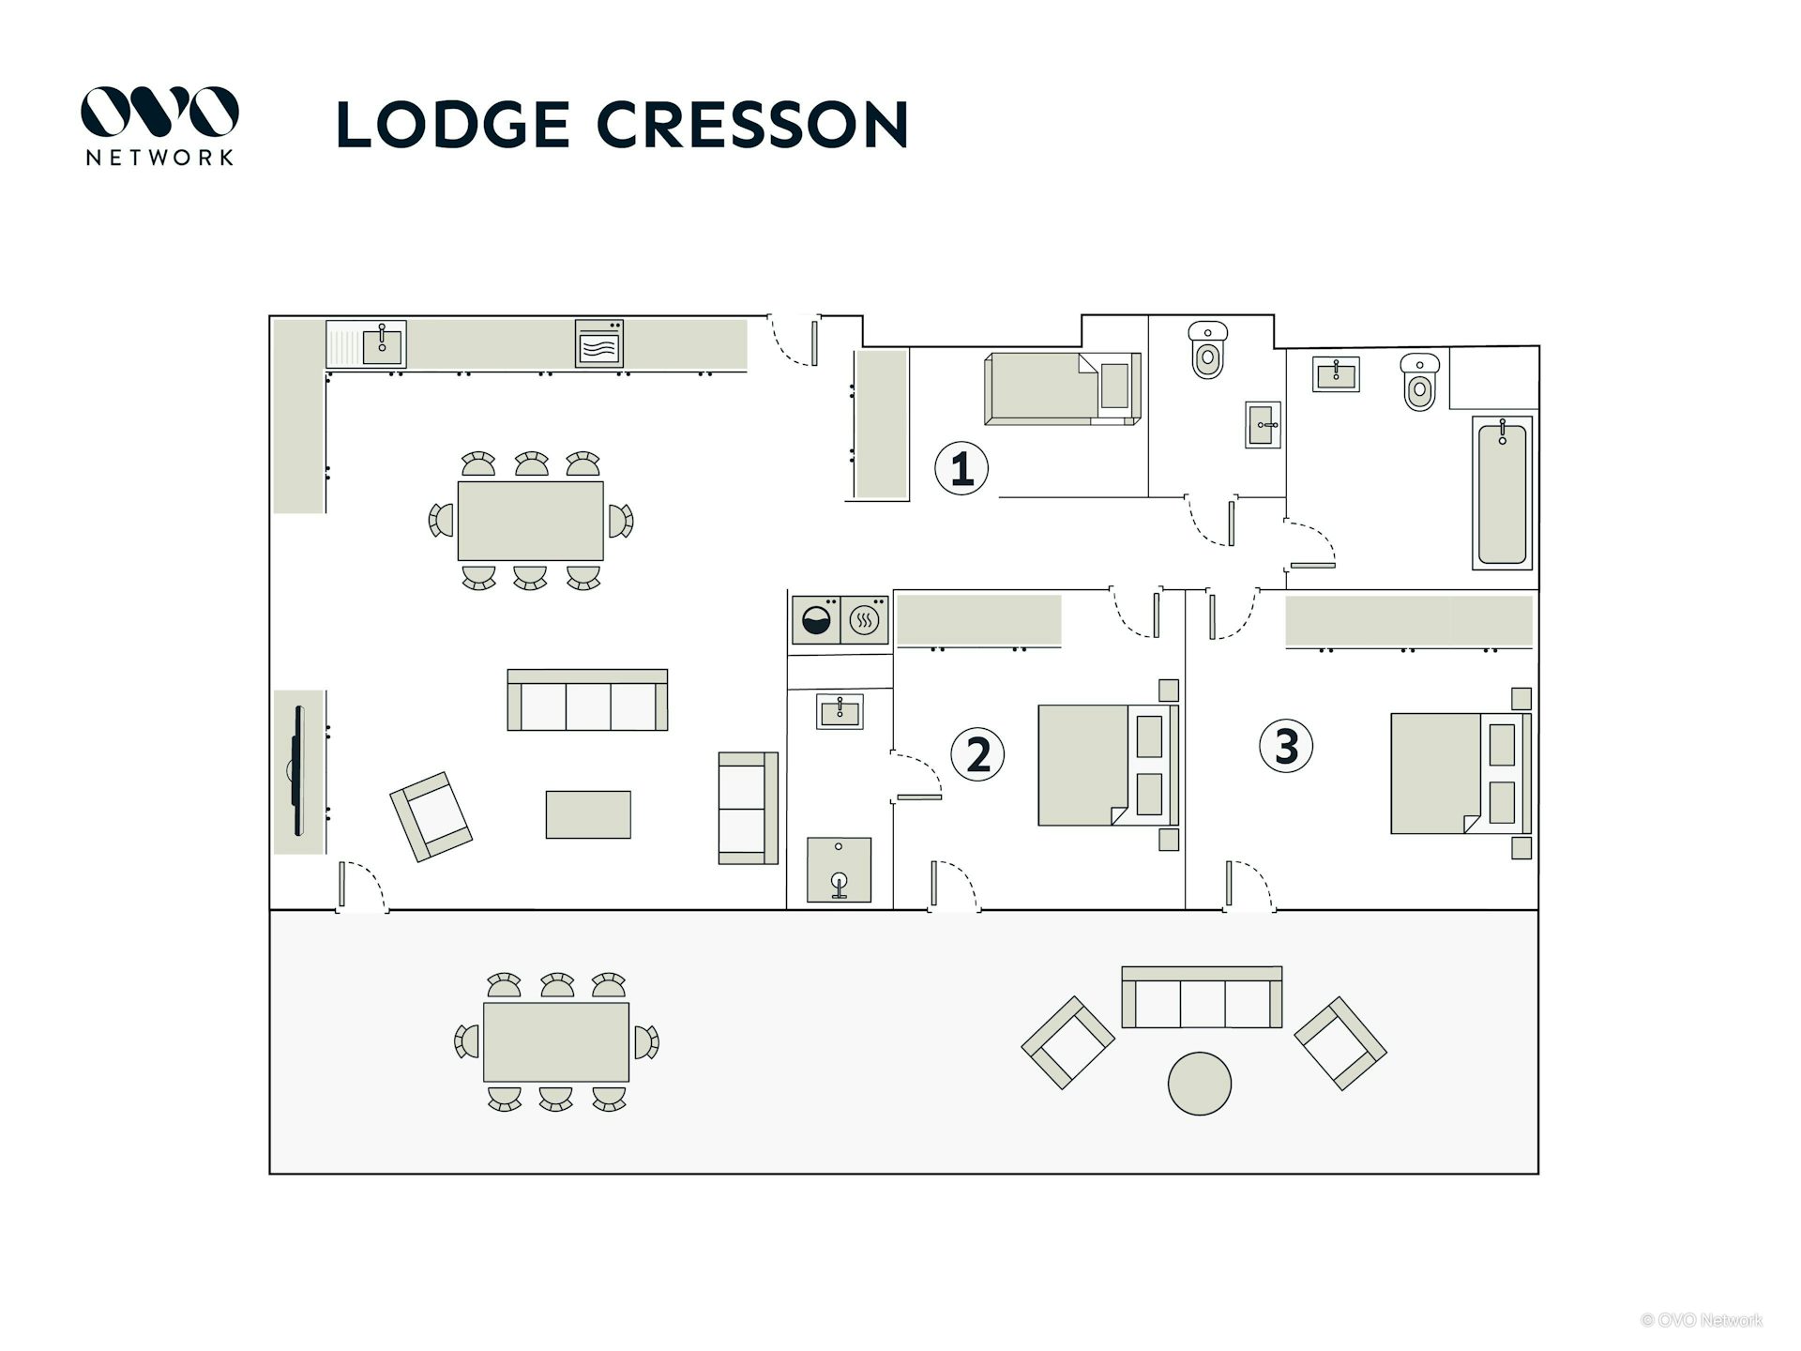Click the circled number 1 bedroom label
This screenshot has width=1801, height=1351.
click(961, 468)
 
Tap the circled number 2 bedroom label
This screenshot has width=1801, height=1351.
click(977, 754)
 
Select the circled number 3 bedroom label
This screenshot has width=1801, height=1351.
click(1285, 746)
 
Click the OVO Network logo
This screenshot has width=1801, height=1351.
click(159, 126)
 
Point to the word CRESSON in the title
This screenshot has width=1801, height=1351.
click(752, 125)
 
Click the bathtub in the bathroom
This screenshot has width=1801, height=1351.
click(1502, 493)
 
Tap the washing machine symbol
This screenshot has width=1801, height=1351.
click(816, 620)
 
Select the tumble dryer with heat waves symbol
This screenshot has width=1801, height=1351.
click(865, 620)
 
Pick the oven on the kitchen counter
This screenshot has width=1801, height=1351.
click(598, 343)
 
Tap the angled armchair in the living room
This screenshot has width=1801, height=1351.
click(431, 816)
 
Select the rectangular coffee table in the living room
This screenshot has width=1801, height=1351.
click(588, 814)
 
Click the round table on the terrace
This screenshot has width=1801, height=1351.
click(1199, 1084)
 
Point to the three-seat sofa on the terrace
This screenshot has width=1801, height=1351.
click(1202, 997)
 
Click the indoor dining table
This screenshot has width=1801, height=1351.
click(530, 521)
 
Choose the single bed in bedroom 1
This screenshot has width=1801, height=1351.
click(1062, 388)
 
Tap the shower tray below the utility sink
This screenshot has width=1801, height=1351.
click(839, 870)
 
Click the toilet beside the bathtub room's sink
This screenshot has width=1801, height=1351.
click(1419, 382)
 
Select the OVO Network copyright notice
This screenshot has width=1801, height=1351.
click(1702, 1320)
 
